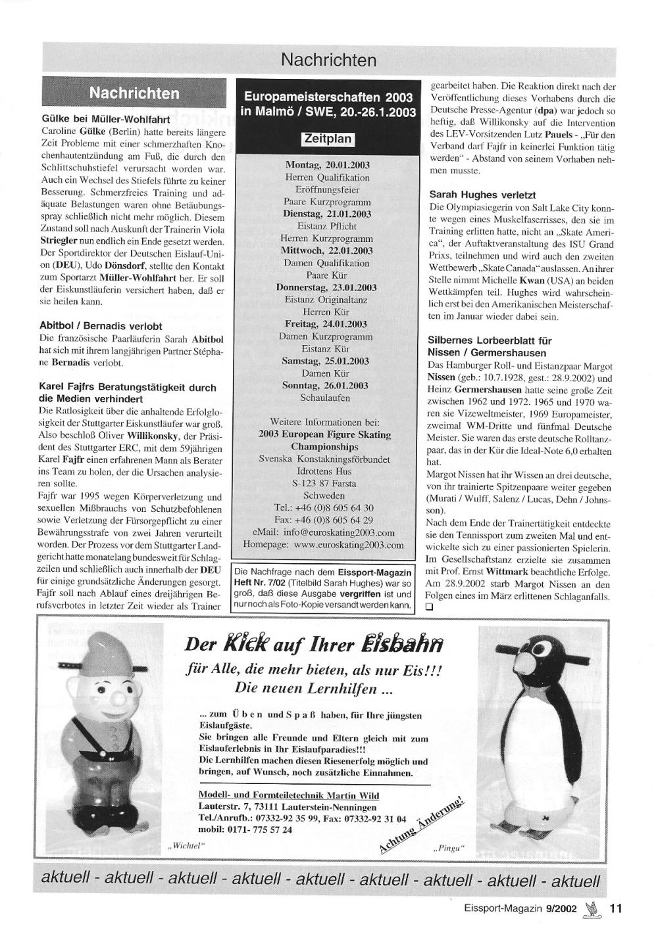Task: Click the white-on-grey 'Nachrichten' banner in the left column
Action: [134, 93]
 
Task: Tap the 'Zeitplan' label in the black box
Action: [327, 139]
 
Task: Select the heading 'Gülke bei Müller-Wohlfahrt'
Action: [105, 120]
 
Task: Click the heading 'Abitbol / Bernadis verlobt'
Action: [101, 326]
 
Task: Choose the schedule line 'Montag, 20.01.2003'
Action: [327, 165]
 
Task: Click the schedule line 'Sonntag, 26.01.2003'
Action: [327, 386]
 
